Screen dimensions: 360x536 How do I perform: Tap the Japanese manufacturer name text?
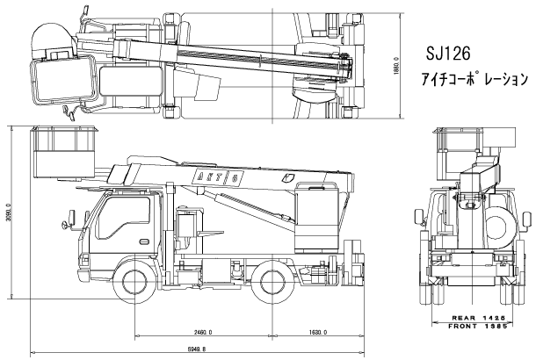[x=474, y=79]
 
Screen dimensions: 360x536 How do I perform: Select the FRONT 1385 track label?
[x=482, y=327]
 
